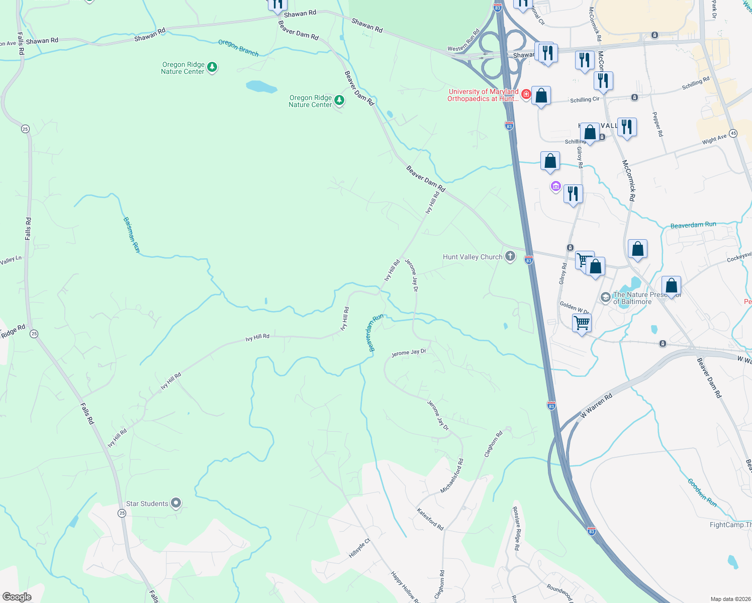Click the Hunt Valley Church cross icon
pos(510,257)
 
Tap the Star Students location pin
pos(175,503)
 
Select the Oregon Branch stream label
pos(238,48)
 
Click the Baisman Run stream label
pos(131,235)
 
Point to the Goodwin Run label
pos(702,492)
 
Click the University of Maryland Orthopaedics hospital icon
pos(526,94)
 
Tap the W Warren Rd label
pos(597,406)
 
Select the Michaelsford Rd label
pos(452,476)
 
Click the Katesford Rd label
pos(430,519)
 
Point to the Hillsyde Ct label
pos(359,548)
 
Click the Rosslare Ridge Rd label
pos(516,528)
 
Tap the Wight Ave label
pos(714,139)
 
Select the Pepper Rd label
pos(657,124)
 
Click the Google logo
pos(17,597)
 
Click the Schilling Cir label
pos(585,99)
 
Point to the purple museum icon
pos(555,187)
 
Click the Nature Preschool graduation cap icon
pos(605,297)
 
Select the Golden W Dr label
pos(574,308)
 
